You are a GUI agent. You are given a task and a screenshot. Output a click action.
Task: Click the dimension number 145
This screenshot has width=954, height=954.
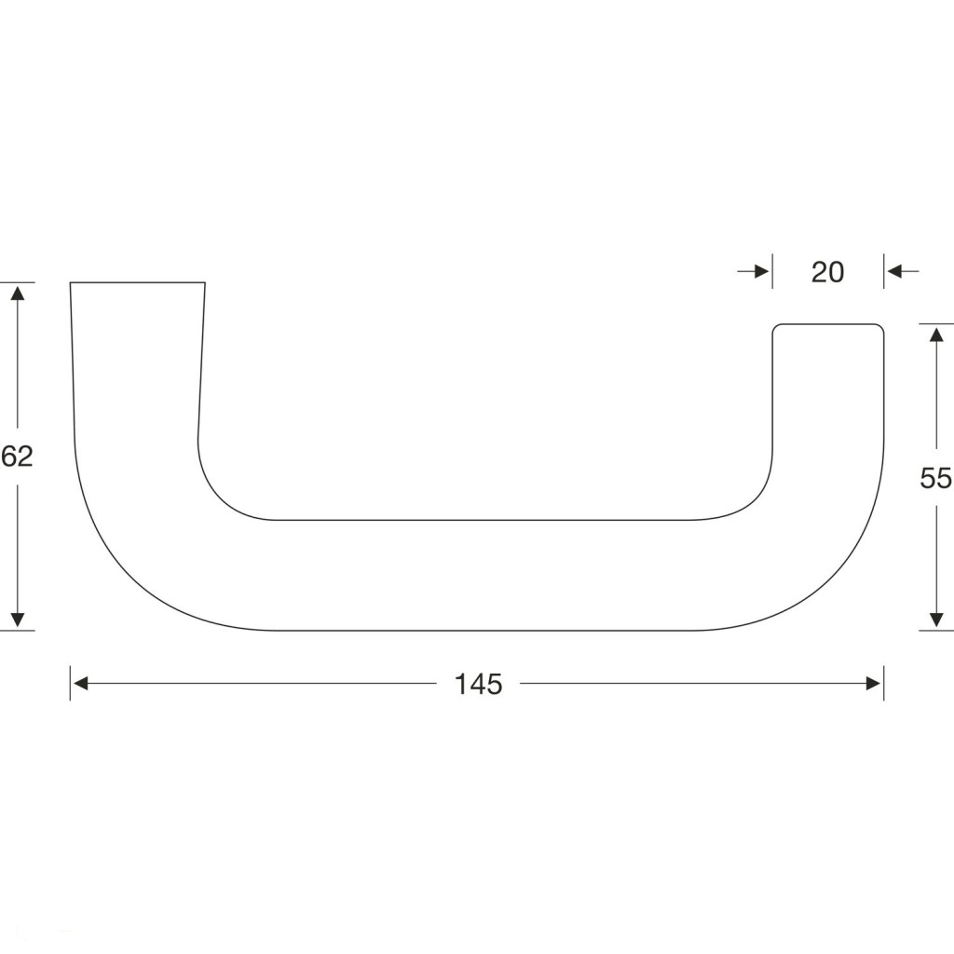[478, 685]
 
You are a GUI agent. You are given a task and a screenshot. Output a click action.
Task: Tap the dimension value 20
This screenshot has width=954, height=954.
[827, 273]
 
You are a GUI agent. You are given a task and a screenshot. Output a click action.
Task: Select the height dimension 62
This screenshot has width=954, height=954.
[17, 457]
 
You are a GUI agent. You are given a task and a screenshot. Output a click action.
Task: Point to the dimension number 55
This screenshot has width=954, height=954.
[935, 478]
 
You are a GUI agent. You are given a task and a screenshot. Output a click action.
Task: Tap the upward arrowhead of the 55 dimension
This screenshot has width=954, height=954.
[936, 334]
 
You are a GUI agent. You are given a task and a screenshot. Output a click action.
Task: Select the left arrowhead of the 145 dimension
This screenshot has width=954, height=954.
[80, 684]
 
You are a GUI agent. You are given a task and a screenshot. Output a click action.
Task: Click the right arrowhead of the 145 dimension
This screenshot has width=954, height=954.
[874, 684]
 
